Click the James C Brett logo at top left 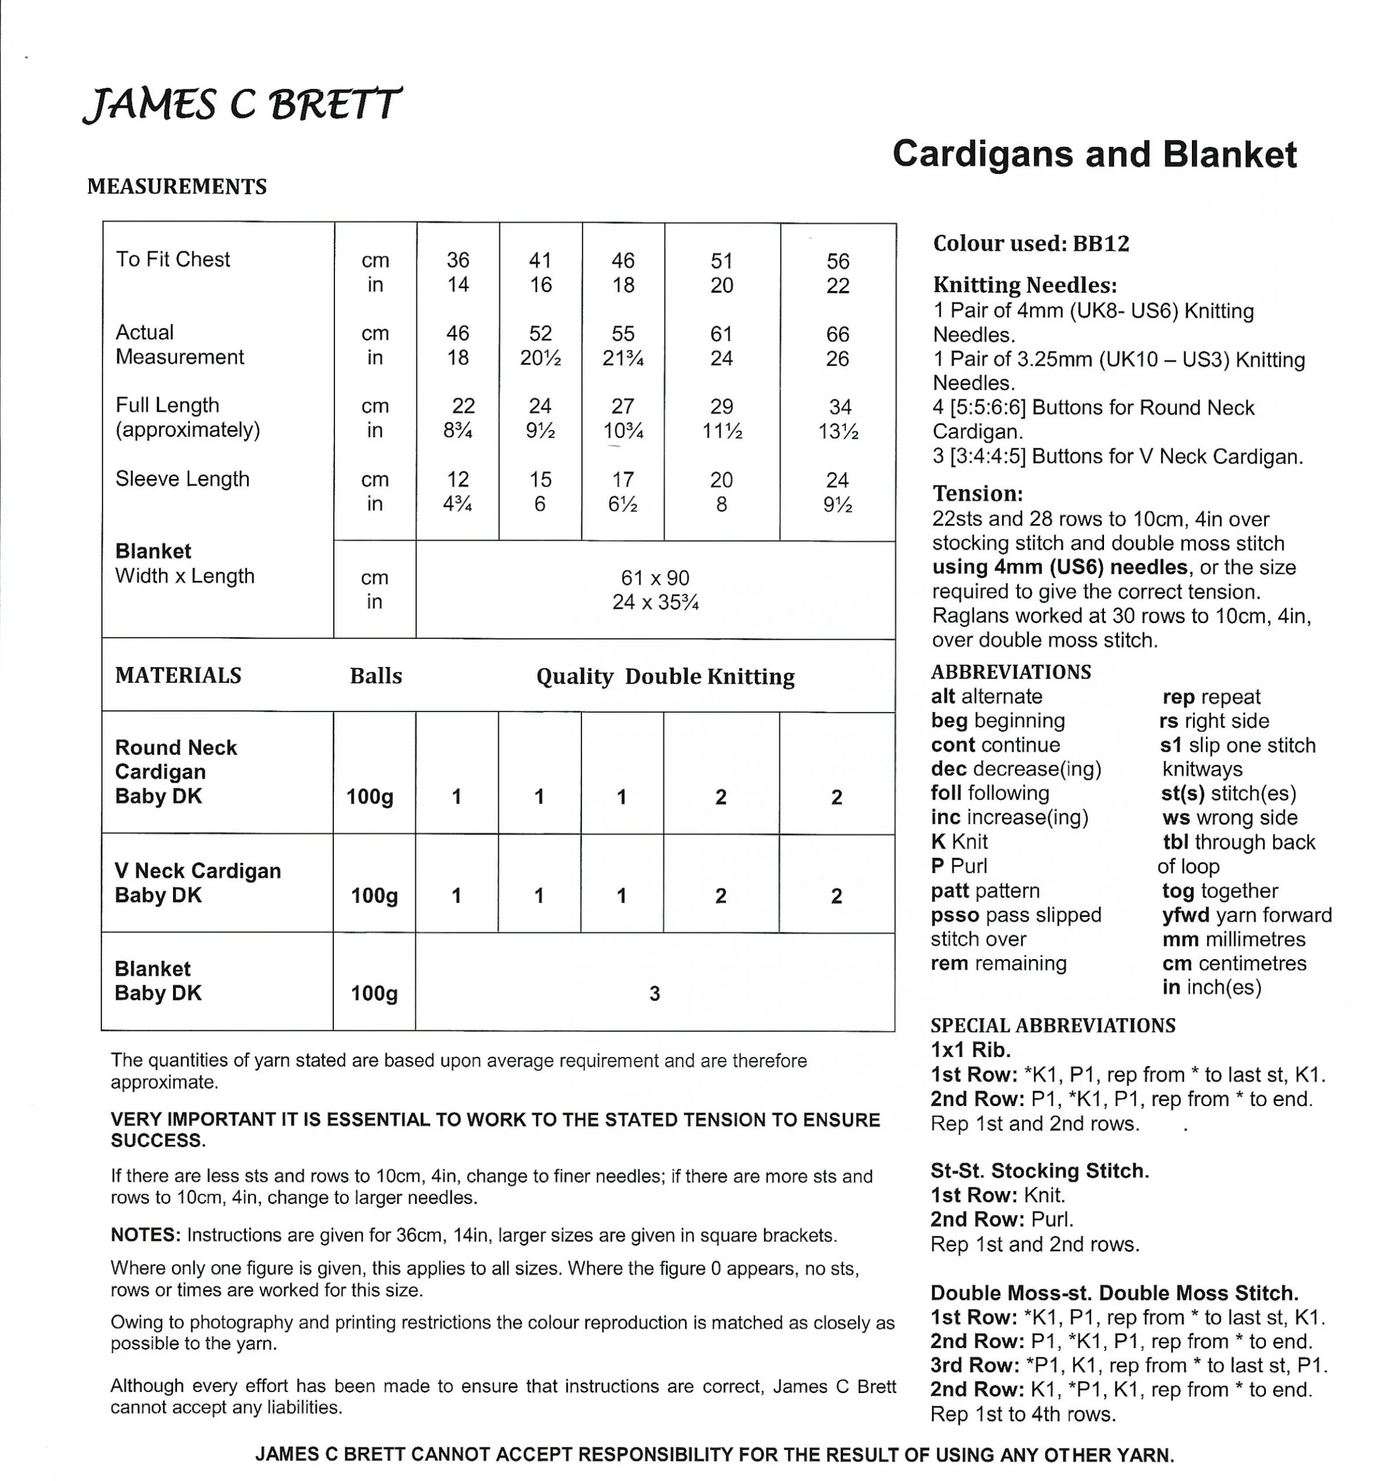pos(242,104)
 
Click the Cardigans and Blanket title pos(1094,154)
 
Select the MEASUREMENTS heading pos(176,186)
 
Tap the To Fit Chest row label pos(173,259)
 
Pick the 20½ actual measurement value pos(540,358)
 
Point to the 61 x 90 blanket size pos(655,577)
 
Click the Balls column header pos(376,676)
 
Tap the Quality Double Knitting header pos(665,676)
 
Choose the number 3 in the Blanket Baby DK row pos(654,993)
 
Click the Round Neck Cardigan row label pos(176,760)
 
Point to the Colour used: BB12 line pos(1031,244)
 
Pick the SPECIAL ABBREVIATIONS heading pos(1052,1025)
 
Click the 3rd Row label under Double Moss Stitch pos(974,1365)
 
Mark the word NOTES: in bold pos(145,1235)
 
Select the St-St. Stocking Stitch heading pos(1039,1170)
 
